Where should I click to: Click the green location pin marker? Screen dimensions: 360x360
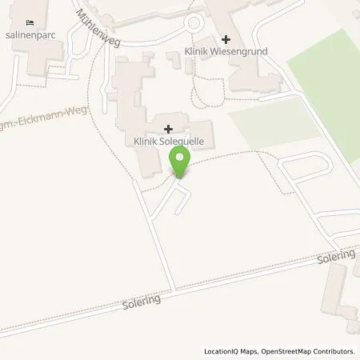click(x=181, y=163)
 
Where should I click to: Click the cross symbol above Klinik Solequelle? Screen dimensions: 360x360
click(x=168, y=129)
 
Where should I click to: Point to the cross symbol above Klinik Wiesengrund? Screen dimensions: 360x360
click(x=226, y=39)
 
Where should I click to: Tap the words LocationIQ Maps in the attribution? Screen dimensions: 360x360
click(x=232, y=351)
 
